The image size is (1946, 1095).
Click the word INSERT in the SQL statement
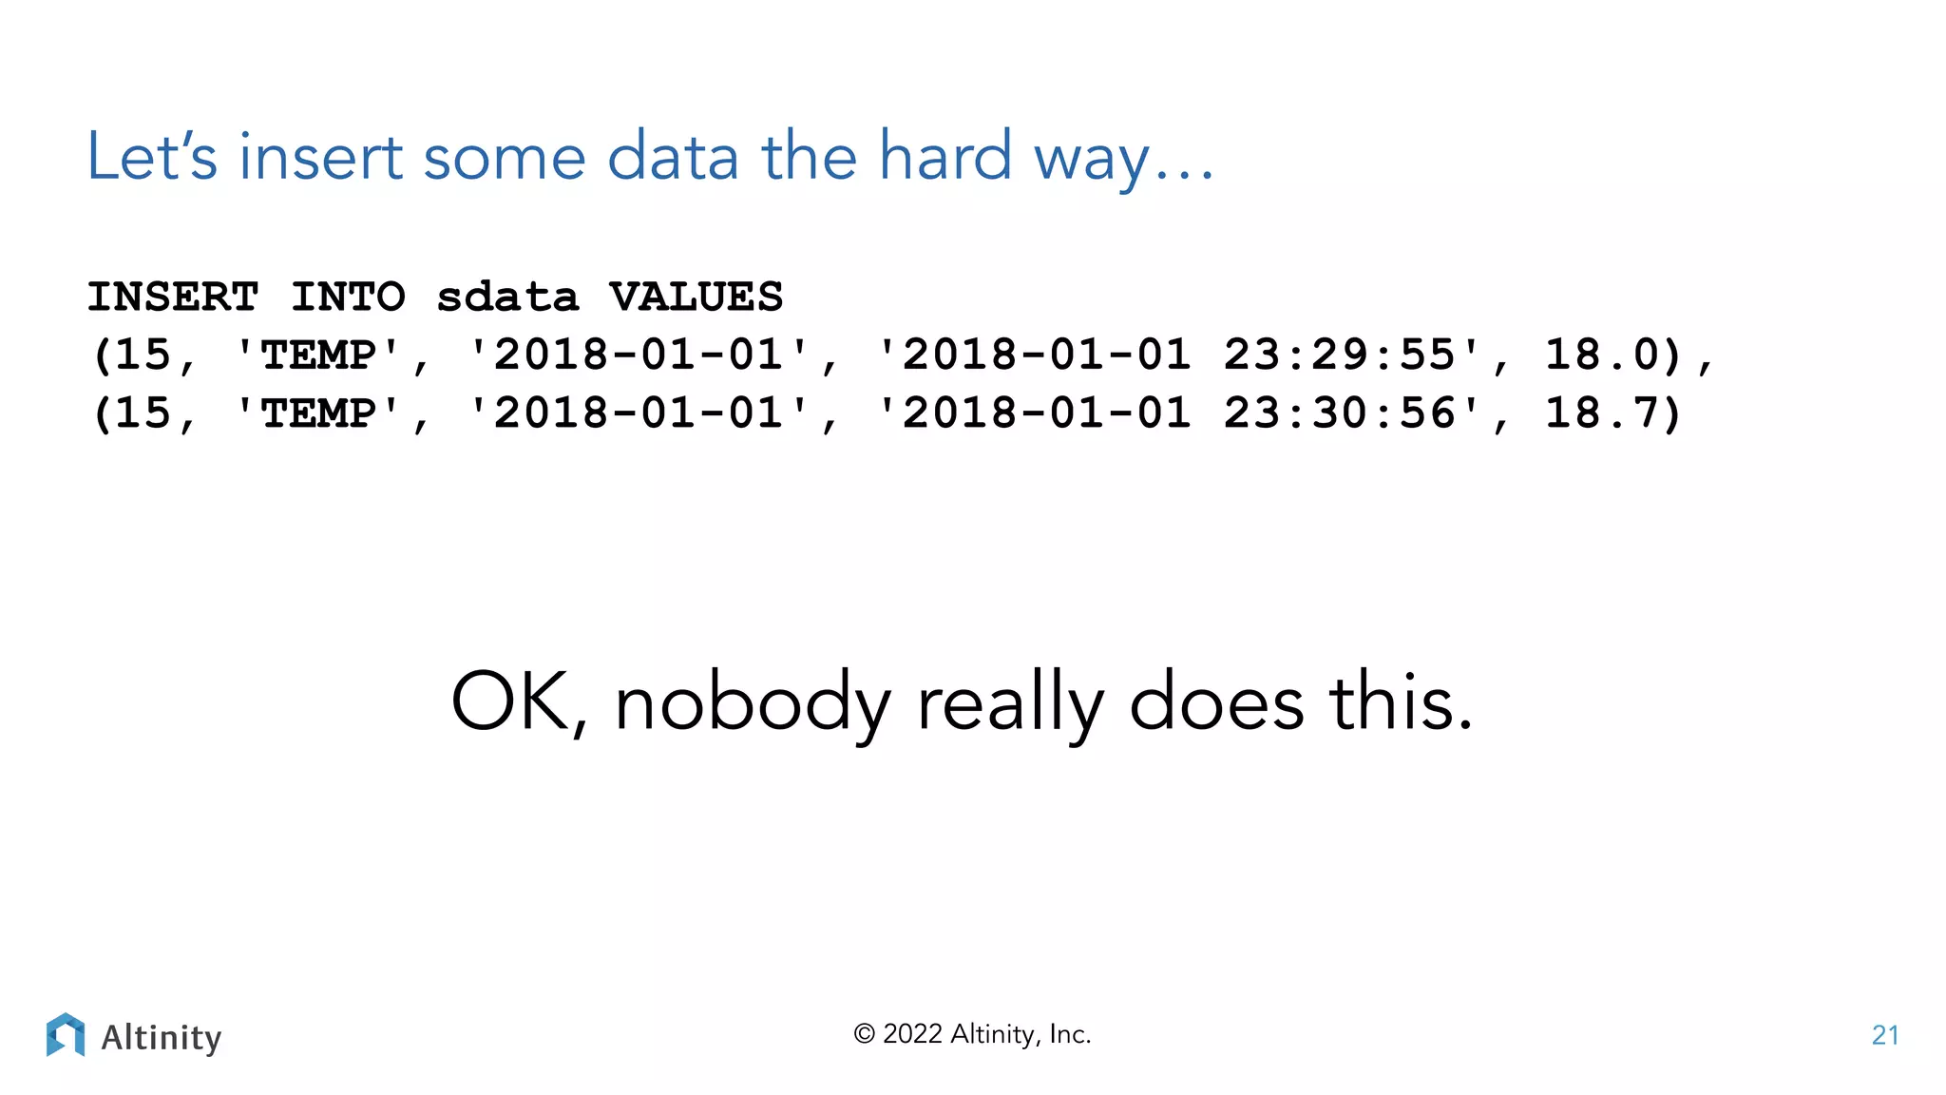(172, 298)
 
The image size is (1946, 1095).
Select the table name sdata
(507, 298)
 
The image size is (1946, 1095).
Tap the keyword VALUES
(696, 298)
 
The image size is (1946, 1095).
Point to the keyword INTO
(348, 298)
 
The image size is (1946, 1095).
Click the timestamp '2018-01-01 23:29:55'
(1178, 355)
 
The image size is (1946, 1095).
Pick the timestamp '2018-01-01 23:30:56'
(1178, 413)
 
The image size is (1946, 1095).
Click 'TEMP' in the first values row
(318, 355)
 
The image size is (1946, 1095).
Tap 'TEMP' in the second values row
(318, 413)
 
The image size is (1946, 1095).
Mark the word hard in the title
(944, 156)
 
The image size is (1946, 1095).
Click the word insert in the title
(320, 157)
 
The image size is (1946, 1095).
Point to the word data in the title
(673, 157)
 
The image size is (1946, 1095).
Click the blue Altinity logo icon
(66, 1034)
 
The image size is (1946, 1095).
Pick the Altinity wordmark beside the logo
(162, 1037)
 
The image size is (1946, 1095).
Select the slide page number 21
(1885, 1035)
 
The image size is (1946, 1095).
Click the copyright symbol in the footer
(864, 1034)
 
